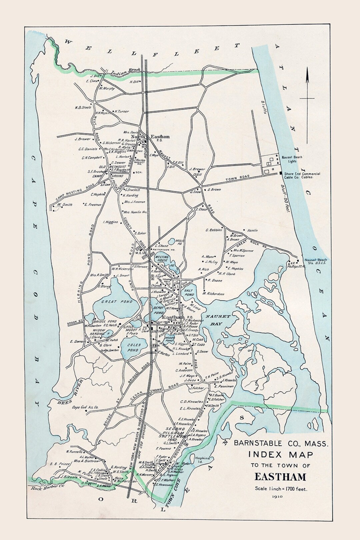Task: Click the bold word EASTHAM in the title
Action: [x=280, y=477]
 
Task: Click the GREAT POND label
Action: [x=114, y=302]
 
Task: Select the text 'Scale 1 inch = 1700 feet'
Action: [x=280, y=489]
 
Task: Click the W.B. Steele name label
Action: [x=83, y=108]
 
